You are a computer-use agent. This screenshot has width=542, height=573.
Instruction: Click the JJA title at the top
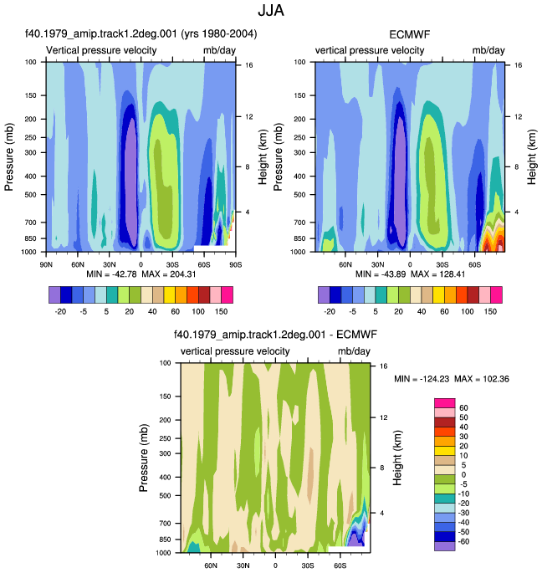[271, 10]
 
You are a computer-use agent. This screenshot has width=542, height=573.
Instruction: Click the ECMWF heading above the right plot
[410, 35]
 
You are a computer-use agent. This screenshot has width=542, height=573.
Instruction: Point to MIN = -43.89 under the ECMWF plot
[381, 274]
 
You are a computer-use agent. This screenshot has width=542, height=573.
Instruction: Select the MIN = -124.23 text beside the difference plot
[422, 379]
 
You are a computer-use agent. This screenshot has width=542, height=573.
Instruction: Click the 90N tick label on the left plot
[46, 264]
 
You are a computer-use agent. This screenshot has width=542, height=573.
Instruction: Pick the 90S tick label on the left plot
[236, 264]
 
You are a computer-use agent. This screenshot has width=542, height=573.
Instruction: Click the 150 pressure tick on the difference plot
[166, 396]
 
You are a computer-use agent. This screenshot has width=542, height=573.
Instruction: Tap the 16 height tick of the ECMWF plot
[519, 65]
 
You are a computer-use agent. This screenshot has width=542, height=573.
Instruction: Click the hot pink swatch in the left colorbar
[227, 295]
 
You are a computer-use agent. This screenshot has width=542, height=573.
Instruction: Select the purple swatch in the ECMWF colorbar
[324, 295]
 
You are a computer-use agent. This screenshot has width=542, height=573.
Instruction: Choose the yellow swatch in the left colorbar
[170, 295]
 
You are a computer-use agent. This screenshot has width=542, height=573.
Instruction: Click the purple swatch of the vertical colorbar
[445, 546]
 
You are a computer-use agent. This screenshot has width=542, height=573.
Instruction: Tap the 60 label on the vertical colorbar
[463, 408]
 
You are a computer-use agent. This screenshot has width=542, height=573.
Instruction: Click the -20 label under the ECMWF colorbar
[330, 311]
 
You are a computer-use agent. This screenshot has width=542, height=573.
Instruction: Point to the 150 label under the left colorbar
[221, 311]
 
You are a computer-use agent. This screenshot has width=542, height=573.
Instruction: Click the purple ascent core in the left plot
[130, 182]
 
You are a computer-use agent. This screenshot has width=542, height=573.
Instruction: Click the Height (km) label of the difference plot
[397, 458]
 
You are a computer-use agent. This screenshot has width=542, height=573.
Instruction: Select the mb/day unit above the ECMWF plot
[488, 50]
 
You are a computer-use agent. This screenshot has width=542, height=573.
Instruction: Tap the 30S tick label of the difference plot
[308, 565]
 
